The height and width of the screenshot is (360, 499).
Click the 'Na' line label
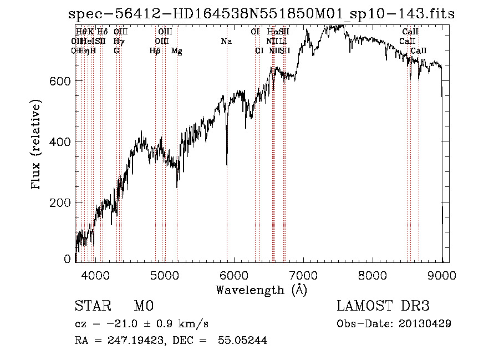[226, 41]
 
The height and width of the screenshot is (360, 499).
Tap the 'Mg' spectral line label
[177, 50]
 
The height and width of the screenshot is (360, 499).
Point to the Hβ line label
[155, 50]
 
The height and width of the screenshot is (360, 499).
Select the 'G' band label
[116, 50]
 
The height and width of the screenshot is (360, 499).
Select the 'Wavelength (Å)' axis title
[261, 290]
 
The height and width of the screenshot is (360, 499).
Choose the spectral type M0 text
[143, 306]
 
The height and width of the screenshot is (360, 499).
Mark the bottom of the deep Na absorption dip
[227, 165]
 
